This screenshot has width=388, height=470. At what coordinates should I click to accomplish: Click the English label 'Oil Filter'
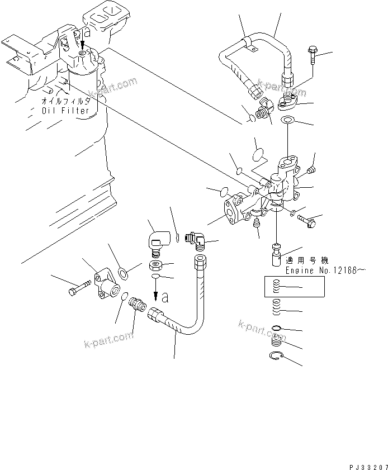[65, 111]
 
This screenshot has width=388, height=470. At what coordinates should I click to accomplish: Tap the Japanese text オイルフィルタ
[66, 102]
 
